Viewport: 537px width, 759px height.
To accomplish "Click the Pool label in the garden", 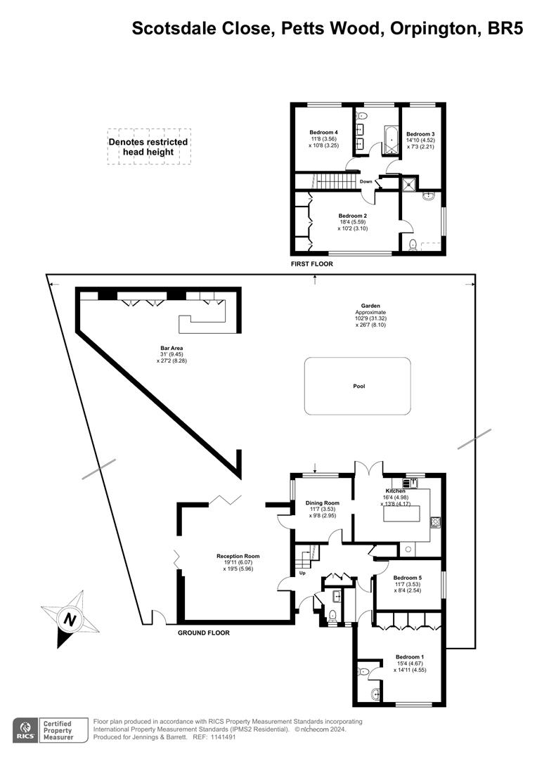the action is pos(358,387).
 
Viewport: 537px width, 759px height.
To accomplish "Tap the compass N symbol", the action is pos(71,620).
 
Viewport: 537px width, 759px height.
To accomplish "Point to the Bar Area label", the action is pos(172,348).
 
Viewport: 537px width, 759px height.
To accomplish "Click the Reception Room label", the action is pos(238,556).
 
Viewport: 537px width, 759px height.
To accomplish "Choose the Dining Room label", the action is pos(323,503).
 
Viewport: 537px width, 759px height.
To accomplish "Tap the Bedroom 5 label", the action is pos(407,578).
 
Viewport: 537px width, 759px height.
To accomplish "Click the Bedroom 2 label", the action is pos(353,216).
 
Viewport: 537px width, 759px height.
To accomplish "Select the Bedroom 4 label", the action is pos(323,132).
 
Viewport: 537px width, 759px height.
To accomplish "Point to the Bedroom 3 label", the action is pos(420,134).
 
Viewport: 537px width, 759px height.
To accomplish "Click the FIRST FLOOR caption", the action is pos(312,264).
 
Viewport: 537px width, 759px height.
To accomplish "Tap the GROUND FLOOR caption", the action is pos(203,632).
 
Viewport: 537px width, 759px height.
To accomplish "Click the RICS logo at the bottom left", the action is pos(25,730).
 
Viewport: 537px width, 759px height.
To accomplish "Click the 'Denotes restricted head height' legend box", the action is pos(148,147).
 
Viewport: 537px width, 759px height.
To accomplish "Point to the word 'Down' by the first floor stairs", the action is pos(365,181).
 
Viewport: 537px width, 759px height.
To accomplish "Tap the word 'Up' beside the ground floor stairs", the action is pos(302,573).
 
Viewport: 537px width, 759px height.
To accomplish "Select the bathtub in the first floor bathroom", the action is pos(390,140).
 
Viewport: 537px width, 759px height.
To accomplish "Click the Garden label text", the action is pos(370,306).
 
